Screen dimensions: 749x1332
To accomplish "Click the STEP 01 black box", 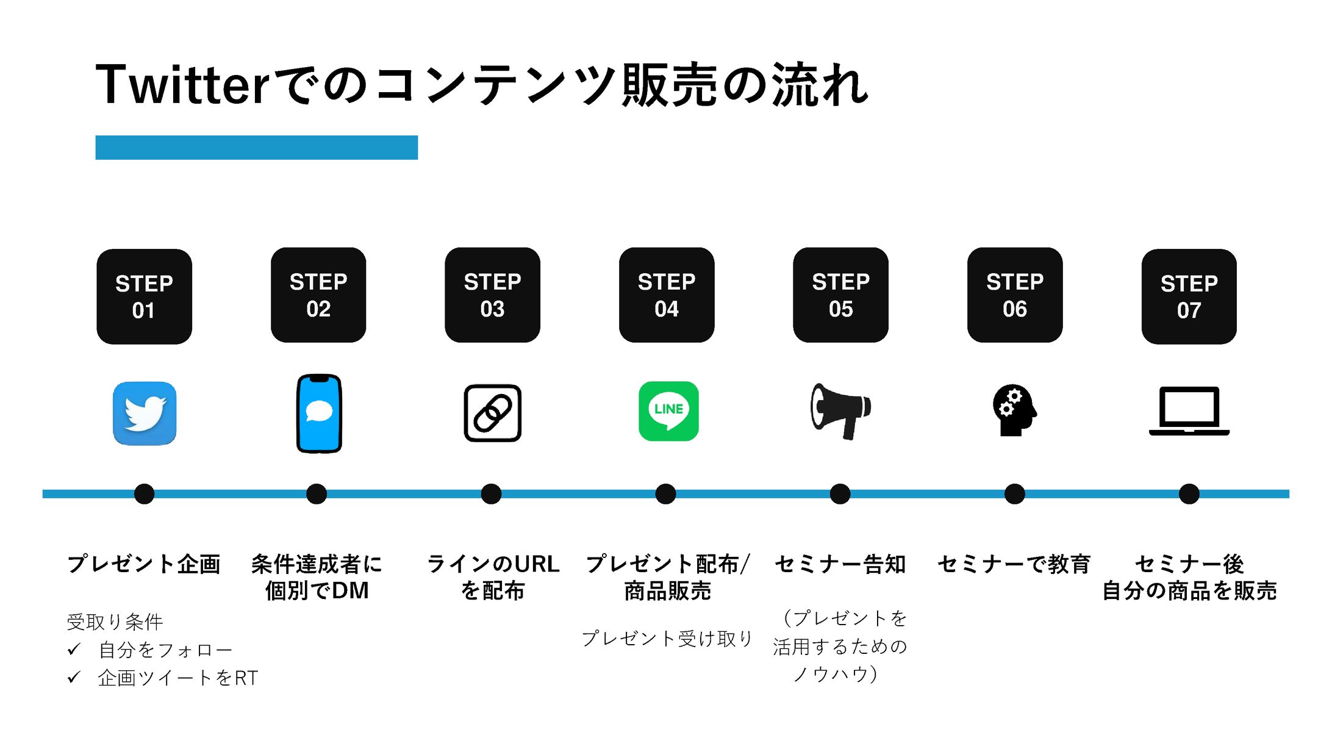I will [144, 296].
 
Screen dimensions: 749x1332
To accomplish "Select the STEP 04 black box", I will [667, 295].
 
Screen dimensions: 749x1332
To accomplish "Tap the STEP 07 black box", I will [1189, 296].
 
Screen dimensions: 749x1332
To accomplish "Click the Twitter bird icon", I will [145, 414].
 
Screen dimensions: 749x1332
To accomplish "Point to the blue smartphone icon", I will [318, 414].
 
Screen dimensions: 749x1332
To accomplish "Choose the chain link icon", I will [493, 413].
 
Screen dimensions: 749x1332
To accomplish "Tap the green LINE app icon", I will [668, 411].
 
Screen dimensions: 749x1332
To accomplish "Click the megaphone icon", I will [840, 410].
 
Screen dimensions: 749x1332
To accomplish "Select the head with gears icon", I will [1014, 410].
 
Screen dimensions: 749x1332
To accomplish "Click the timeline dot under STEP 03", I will [491, 493].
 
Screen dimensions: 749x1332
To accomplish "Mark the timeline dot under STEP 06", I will [1014, 493].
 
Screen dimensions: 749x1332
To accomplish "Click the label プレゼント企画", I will [144, 564].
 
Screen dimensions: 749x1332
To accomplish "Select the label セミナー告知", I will [840, 564].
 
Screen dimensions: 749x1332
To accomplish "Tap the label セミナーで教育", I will [1014, 564].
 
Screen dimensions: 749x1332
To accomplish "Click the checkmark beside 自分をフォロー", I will [74, 650].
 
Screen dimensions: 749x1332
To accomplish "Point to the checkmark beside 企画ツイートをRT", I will [74, 677].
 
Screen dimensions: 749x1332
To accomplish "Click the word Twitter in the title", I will [182, 85].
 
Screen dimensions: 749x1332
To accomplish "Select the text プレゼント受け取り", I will [667, 639].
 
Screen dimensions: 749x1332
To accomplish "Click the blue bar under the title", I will [256, 148].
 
